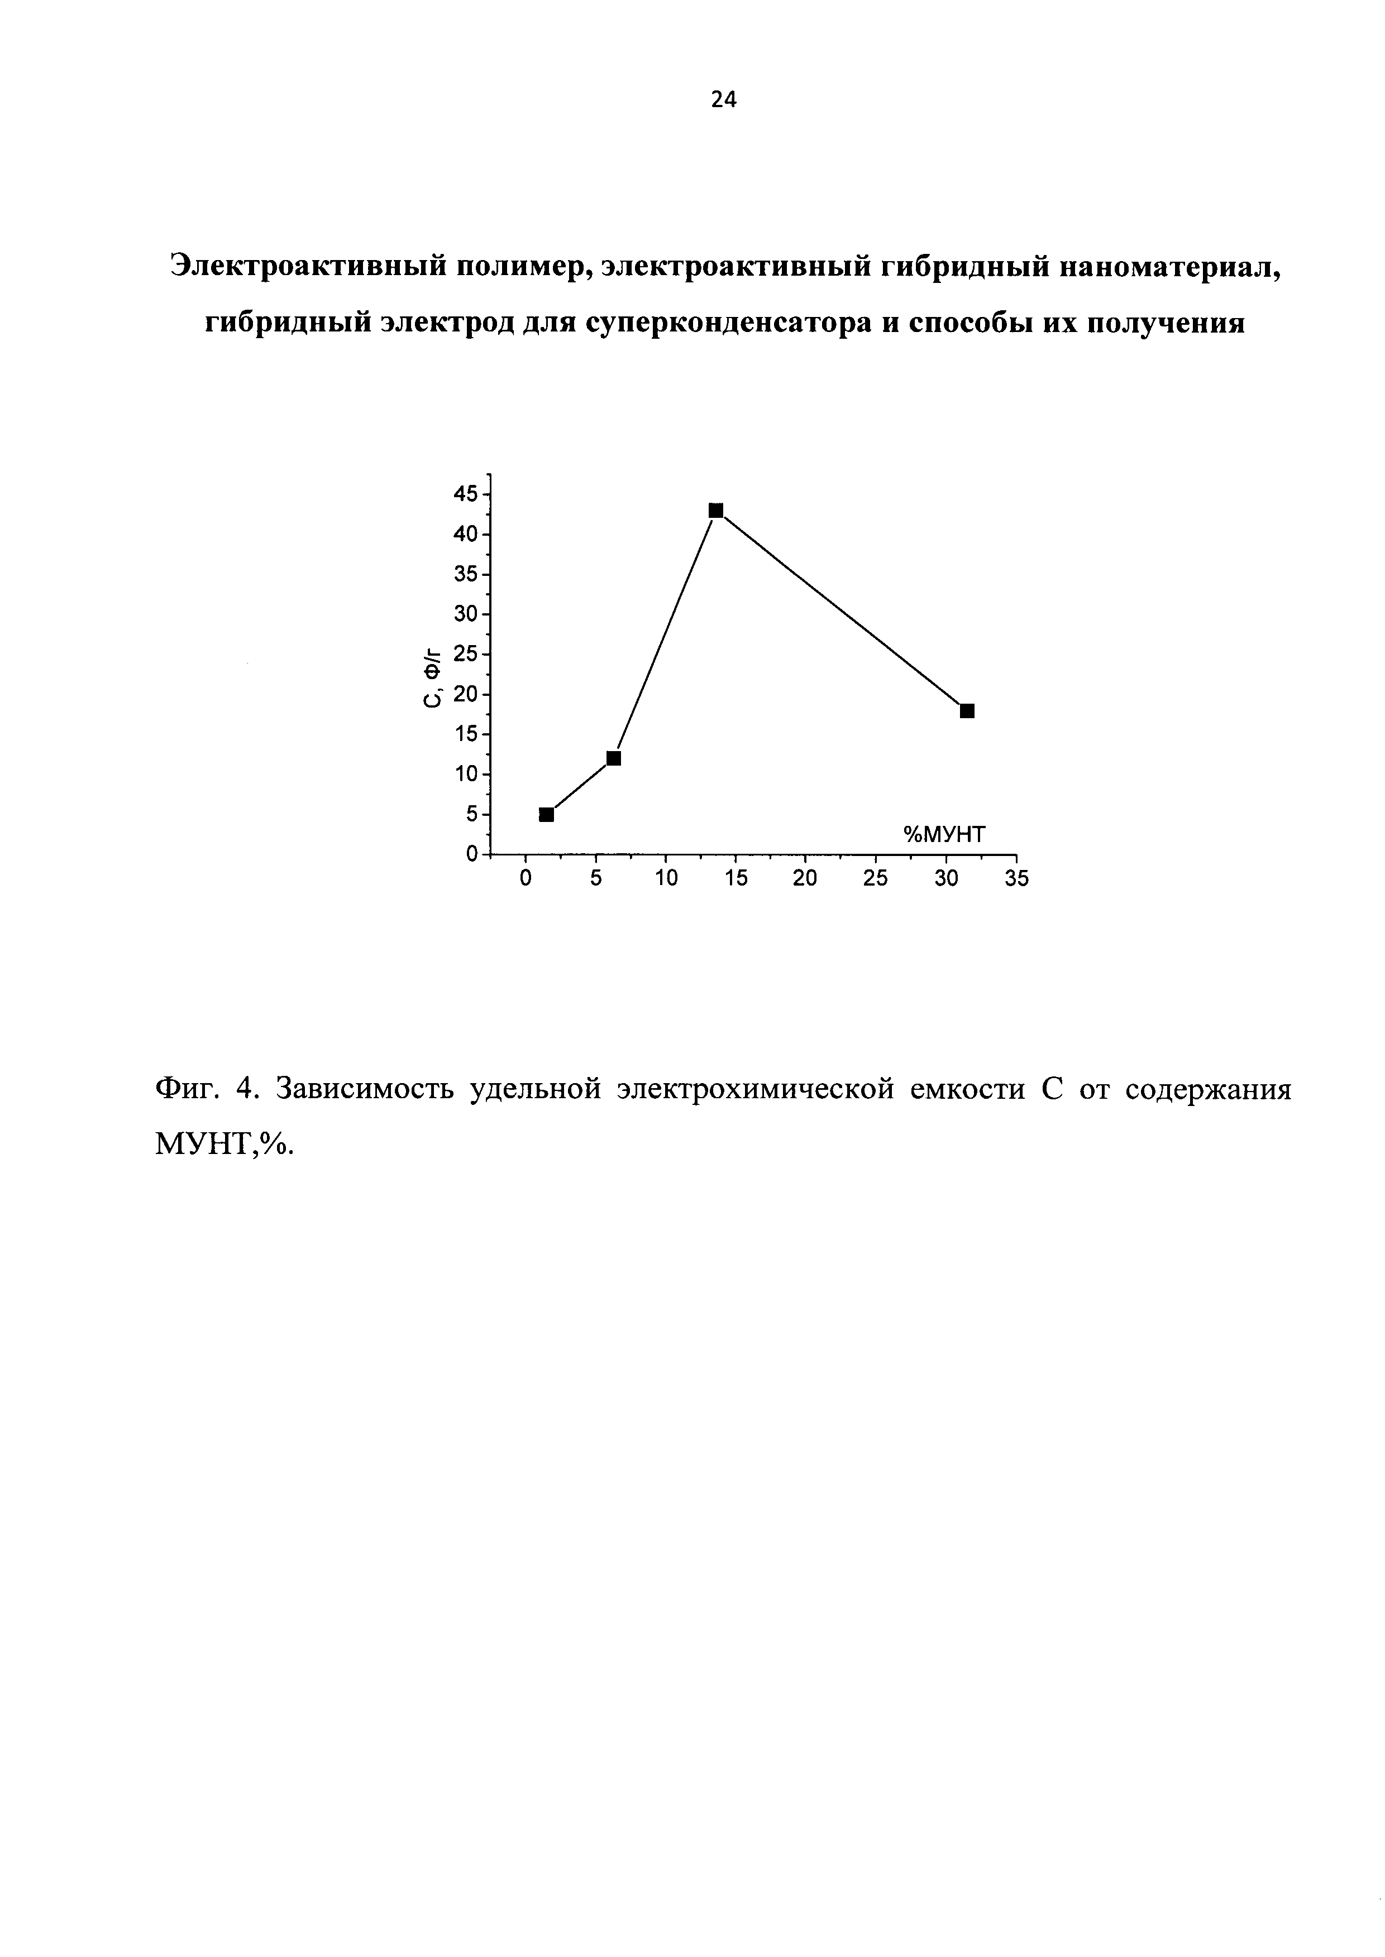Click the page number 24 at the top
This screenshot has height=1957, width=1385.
(723, 100)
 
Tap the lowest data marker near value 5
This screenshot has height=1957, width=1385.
(547, 814)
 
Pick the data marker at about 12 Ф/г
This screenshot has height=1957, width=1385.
(613, 758)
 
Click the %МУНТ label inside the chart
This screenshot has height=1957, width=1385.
(944, 833)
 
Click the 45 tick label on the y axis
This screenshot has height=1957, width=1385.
(466, 493)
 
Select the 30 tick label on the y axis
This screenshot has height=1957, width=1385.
(466, 614)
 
